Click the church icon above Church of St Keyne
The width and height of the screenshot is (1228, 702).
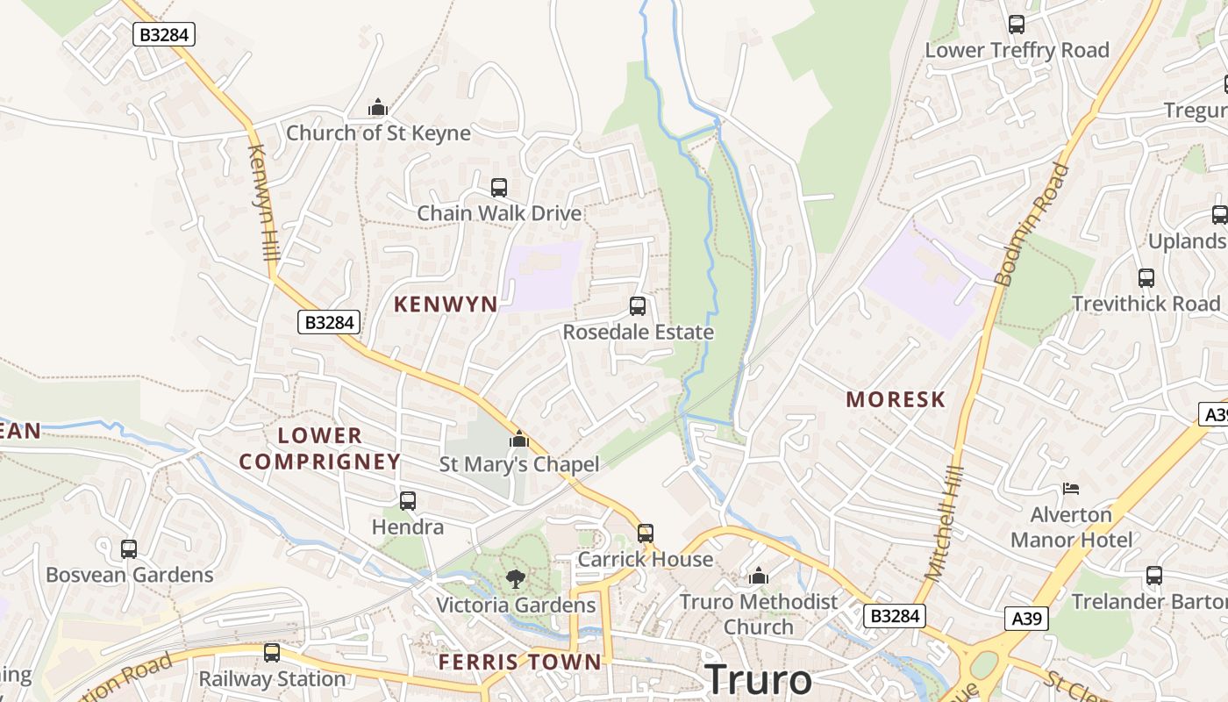pyautogui.click(x=378, y=108)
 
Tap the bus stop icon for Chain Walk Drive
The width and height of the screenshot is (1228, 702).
pyautogui.click(x=498, y=188)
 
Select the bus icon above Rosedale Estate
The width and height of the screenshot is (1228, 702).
pyautogui.click(x=638, y=306)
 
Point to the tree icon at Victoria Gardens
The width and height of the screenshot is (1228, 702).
pyautogui.click(x=516, y=578)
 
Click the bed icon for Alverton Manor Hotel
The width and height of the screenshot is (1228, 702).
pyautogui.click(x=1070, y=488)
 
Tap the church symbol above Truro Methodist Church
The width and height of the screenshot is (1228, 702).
pyautogui.click(x=759, y=576)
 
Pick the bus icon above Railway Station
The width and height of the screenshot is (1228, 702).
pyautogui.click(x=272, y=653)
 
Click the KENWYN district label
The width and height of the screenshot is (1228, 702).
pyautogui.click(x=446, y=304)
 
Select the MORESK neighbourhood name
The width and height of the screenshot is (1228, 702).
pyautogui.click(x=896, y=400)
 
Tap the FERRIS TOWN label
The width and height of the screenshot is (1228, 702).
pyautogui.click(x=520, y=662)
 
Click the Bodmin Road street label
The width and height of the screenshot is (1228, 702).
pyautogui.click(x=1033, y=225)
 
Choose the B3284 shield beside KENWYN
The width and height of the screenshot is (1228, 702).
pyautogui.click(x=329, y=323)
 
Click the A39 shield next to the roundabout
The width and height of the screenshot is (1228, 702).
pyautogui.click(x=1025, y=620)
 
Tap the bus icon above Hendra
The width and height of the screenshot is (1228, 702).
pyautogui.click(x=408, y=501)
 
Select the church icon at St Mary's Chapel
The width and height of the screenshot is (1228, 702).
pyautogui.click(x=519, y=439)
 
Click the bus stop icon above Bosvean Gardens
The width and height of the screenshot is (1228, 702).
pyautogui.click(x=129, y=549)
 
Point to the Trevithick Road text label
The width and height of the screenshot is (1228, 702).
pyautogui.click(x=1146, y=304)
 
